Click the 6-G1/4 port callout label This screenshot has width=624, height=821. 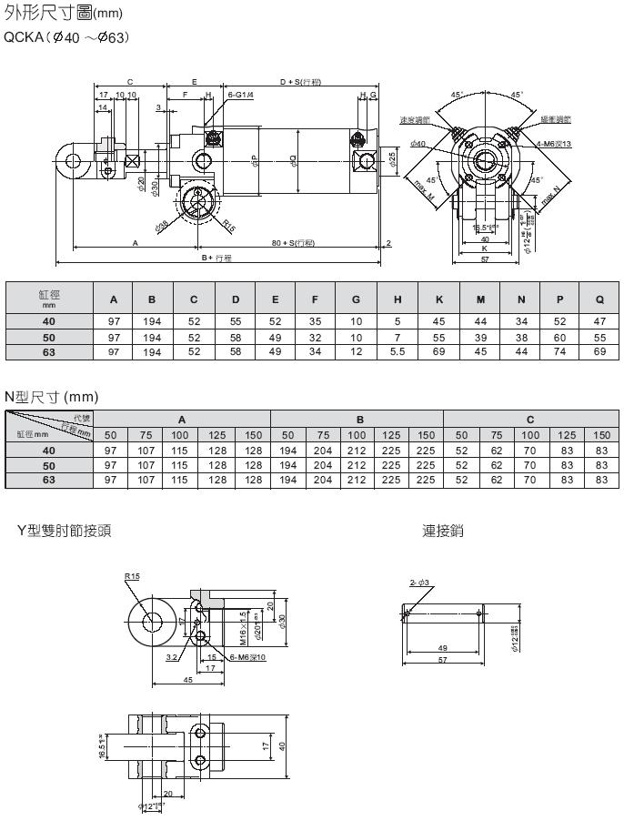tap(241, 95)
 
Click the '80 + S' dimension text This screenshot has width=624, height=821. tap(293, 242)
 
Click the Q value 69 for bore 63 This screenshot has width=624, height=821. tap(599, 351)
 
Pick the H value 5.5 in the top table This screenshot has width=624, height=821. tap(397, 351)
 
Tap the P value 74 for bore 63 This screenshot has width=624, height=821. tap(559, 351)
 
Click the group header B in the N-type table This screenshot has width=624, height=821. tap(359, 420)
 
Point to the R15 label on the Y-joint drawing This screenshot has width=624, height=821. tap(133, 575)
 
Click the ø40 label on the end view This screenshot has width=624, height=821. tap(418, 144)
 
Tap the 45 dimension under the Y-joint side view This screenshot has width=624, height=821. tap(186, 679)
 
